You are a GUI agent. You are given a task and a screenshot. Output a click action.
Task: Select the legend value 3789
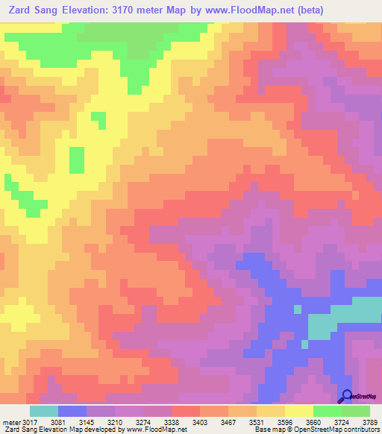(368, 424)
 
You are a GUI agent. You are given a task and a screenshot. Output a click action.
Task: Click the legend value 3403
(201, 424)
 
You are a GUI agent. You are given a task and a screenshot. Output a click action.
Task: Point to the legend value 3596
(285, 424)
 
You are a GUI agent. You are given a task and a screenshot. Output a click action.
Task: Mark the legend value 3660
(313, 424)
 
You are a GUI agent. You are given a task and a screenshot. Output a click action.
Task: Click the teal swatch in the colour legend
(43, 412)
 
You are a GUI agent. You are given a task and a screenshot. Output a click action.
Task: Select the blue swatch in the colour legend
(72, 412)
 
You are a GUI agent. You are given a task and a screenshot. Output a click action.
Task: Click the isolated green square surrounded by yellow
(76, 159)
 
